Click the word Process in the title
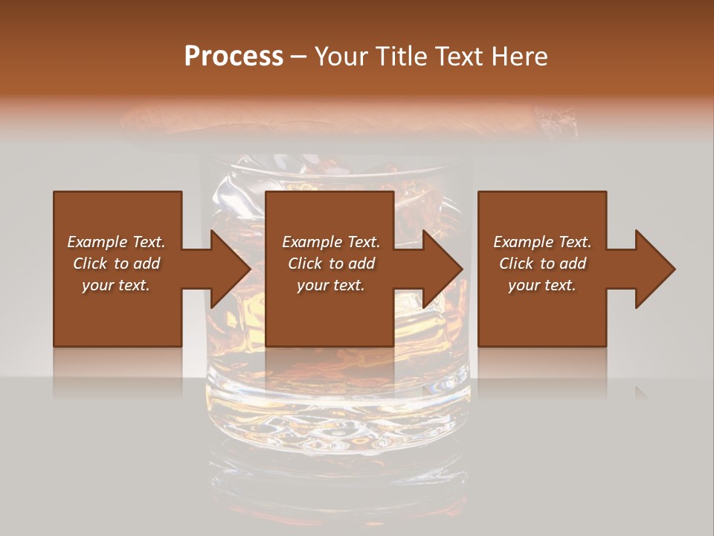pyautogui.click(x=234, y=57)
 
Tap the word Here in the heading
pyautogui.click(x=519, y=57)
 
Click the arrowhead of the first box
pyautogui.click(x=230, y=269)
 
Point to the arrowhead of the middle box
pyautogui.click(x=443, y=269)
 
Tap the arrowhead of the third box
pyautogui.click(x=654, y=269)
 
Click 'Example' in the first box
pyautogui.click(x=97, y=242)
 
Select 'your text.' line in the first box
pyautogui.click(x=116, y=285)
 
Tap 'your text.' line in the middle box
pyautogui.click(x=330, y=285)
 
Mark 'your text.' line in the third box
pyautogui.click(x=542, y=285)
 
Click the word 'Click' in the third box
pyautogui.click(x=516, y=264)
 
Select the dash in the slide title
pyautogui.click(x=299, y=57)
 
